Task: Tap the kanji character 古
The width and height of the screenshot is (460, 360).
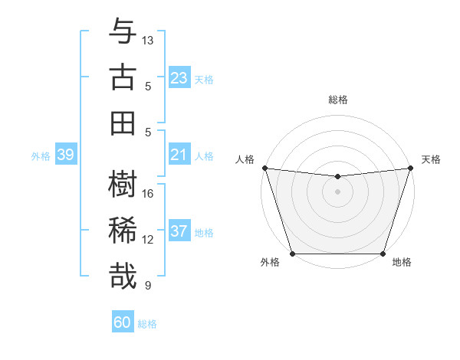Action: coord(123,78)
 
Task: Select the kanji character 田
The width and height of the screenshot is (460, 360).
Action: coord(123,122)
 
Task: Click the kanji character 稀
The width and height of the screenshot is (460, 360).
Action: coord(123,231)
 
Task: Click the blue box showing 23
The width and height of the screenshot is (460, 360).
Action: coord(179,77)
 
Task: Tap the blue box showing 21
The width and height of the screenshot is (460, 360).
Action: coord(179,155)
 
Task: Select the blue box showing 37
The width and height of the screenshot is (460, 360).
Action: coord(179,231)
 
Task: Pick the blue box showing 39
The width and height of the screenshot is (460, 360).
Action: coord(65,155)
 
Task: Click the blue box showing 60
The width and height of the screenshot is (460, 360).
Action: coord(123,322)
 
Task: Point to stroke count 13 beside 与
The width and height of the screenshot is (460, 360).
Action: coord(148,39)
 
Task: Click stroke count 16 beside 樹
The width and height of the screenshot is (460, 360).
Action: coord(148,193)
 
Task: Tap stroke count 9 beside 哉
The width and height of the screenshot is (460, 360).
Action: coord(148,286)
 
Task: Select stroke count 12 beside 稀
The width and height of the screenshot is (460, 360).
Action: coord(148,240)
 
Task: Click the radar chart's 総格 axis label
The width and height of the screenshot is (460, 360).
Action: coord(337,100)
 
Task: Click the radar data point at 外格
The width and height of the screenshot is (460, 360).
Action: coord(292,253)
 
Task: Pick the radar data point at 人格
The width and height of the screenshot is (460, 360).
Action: coord(264,168)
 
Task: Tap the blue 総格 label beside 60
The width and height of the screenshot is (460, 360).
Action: coord(147,324)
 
